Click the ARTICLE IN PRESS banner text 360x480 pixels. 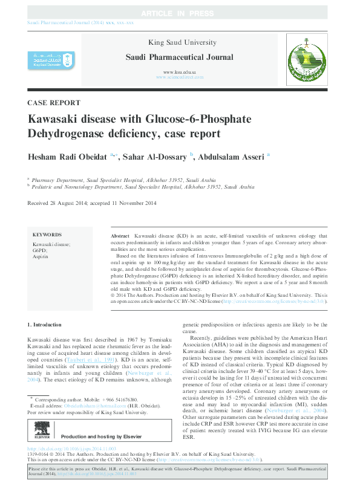point(180,13)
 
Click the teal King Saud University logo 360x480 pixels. point(51,60)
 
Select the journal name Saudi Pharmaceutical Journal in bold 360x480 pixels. point(179,57)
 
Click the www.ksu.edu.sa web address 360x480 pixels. point(179,72)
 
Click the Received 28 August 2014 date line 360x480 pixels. point(92,203)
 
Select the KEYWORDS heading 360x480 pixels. point(47,235)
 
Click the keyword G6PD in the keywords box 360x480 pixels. point(39,250)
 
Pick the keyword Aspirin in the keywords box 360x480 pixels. point(41,257)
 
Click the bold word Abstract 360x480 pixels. point(120,235)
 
